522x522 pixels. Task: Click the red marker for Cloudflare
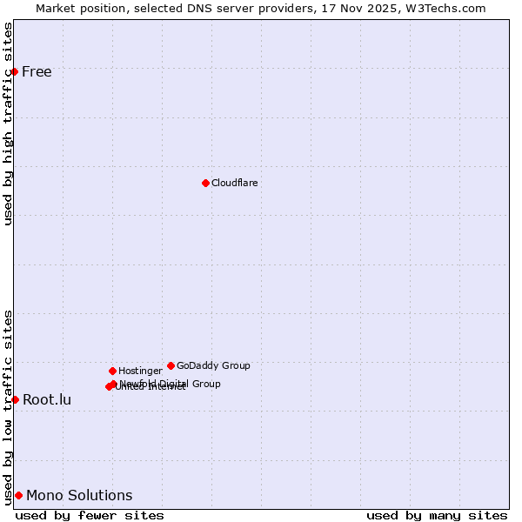point(205,183)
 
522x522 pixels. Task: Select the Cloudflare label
point(234,183)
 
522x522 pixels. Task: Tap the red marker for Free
point(15,71)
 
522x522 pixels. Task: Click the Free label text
point(37,71)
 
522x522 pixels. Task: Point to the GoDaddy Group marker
point(171,365)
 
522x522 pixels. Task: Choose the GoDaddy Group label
point(213,365)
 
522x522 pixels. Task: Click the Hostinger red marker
point(112,371)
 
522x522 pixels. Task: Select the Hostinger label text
point(140,371)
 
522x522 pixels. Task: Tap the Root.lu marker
point(15,399)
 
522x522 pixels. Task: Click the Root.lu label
point(47,400)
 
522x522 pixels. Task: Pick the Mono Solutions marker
point(18,495)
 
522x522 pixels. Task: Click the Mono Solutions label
point(79,496)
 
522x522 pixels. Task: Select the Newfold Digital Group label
point(171,383)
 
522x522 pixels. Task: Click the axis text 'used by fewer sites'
point(90,515)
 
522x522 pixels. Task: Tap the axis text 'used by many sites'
point(437,515)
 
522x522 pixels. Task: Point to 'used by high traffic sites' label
point(8,124)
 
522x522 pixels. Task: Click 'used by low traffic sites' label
point(8,407)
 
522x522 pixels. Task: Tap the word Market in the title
point(56,8)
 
